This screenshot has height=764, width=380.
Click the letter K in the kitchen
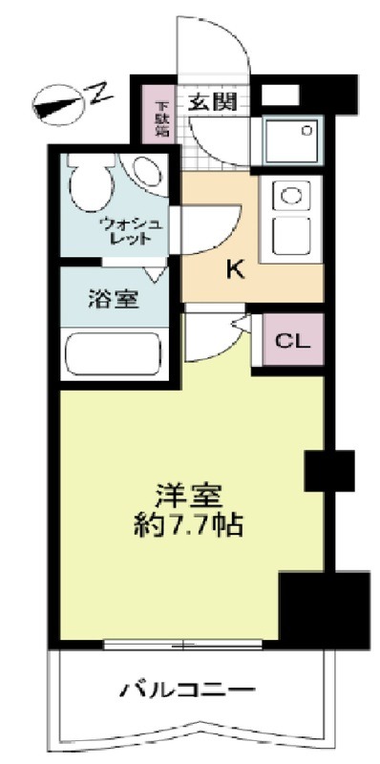[234, 269]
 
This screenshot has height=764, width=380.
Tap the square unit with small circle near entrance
[292, 141]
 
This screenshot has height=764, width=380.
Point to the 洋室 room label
[190, 496]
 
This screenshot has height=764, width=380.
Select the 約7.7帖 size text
[189, 523]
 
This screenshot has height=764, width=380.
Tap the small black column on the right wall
[329, 469]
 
